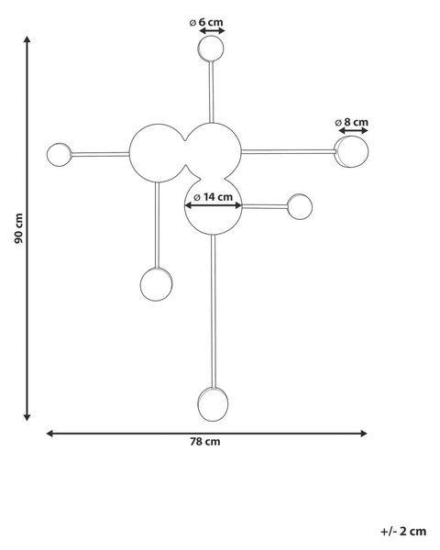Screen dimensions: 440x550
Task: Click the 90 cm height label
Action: [x=19, y=228]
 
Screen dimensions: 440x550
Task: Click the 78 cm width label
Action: [x=205, y=442]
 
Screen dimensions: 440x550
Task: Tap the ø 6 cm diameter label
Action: [x=206, y=22]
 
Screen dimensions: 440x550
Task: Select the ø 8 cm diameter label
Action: [x=352, y=122]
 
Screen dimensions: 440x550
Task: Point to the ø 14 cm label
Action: [x=214, y=197]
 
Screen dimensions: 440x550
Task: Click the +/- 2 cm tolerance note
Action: [x=403, y=531]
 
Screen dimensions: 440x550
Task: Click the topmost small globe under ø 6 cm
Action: [x=211, y=49]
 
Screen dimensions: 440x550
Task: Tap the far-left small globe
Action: [x=59, y=155]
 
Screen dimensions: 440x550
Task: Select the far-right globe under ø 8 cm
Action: [x=351, y=151]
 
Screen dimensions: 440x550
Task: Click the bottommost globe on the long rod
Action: [x=213, y=404]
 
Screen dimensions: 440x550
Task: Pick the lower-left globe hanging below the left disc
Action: [x=156, y=284]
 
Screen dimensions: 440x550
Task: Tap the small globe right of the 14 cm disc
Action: [x=300, y=206]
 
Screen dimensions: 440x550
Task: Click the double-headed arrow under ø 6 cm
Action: [x=212, y=31]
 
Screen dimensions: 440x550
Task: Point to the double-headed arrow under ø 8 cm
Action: [x=353, y=131]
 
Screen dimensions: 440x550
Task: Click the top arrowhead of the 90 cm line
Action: [x=27, y=38]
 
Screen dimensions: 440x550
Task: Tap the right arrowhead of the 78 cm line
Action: [x=364, y=434]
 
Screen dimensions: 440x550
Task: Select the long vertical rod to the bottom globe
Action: [x=214, y=311]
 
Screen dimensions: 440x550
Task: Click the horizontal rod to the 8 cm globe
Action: [x=289, y=152]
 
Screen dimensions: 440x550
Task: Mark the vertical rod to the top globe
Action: [x=211, y=93]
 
